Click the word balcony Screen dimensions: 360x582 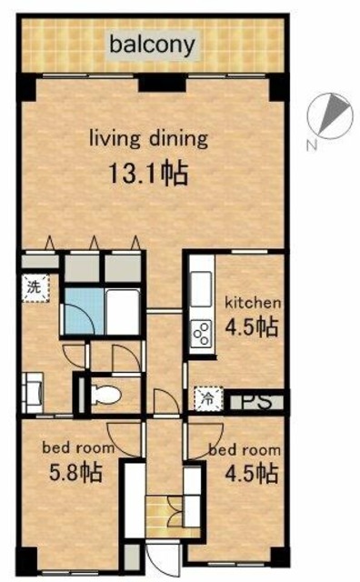point(152,45)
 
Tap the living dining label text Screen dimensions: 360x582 point(148,139)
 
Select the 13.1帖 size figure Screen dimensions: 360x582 point(147,173)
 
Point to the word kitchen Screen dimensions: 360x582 point(254,303)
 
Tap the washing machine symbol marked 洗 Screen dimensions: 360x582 point(35,288)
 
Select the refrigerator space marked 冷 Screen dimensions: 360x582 point(208,399)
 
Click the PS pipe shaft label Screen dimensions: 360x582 point(257,401)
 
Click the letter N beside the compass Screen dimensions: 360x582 point(312,145)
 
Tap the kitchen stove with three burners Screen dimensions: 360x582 point(201,333)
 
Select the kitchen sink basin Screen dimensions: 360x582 point(201,289)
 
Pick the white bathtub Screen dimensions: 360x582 point(123,311)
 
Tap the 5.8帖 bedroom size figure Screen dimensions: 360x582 point(75,474)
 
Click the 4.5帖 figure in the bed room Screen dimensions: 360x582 point(252,474)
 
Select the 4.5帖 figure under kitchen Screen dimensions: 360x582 point(252,326)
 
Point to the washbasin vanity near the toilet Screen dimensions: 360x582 point(33,393)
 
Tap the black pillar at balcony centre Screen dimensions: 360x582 point(162,83)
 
